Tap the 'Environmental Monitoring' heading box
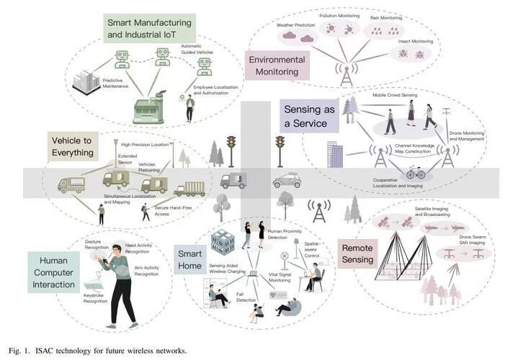(x=277, y=66)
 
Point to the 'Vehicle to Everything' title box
(x=73, y=146)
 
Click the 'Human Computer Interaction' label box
(x=53, y=270)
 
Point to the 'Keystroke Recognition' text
(x=95, y=297)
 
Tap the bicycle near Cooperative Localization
(x=416, y=173)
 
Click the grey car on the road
(x=287, y=180)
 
